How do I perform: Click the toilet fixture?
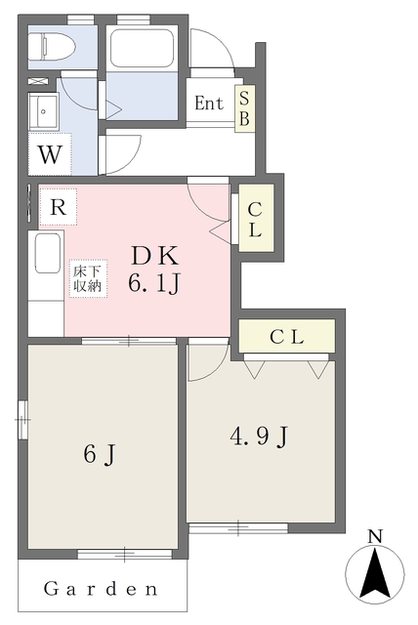pos(52,47)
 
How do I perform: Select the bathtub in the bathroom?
pos(142,49)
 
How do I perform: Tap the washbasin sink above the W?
pos(43,111)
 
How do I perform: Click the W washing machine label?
pos(50,154)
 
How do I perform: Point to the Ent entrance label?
pos(209,104)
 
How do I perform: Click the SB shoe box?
pos(245,108)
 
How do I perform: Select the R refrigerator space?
pos(59,207)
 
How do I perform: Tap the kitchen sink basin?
pos(48,253)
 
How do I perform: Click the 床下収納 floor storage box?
pos(88,278)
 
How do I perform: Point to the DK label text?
pos(155,256)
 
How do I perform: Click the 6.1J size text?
pos(154,283)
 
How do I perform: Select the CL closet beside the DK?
pos(256,218)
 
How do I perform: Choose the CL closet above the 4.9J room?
pos(286,336)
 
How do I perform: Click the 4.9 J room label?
pos(259,437)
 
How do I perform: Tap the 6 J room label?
pos(100,454)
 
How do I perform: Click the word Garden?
pos(101,589)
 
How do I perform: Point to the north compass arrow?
pos(375,573)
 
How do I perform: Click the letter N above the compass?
pos(375,536)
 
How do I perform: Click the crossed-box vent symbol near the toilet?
pos(38,81)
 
